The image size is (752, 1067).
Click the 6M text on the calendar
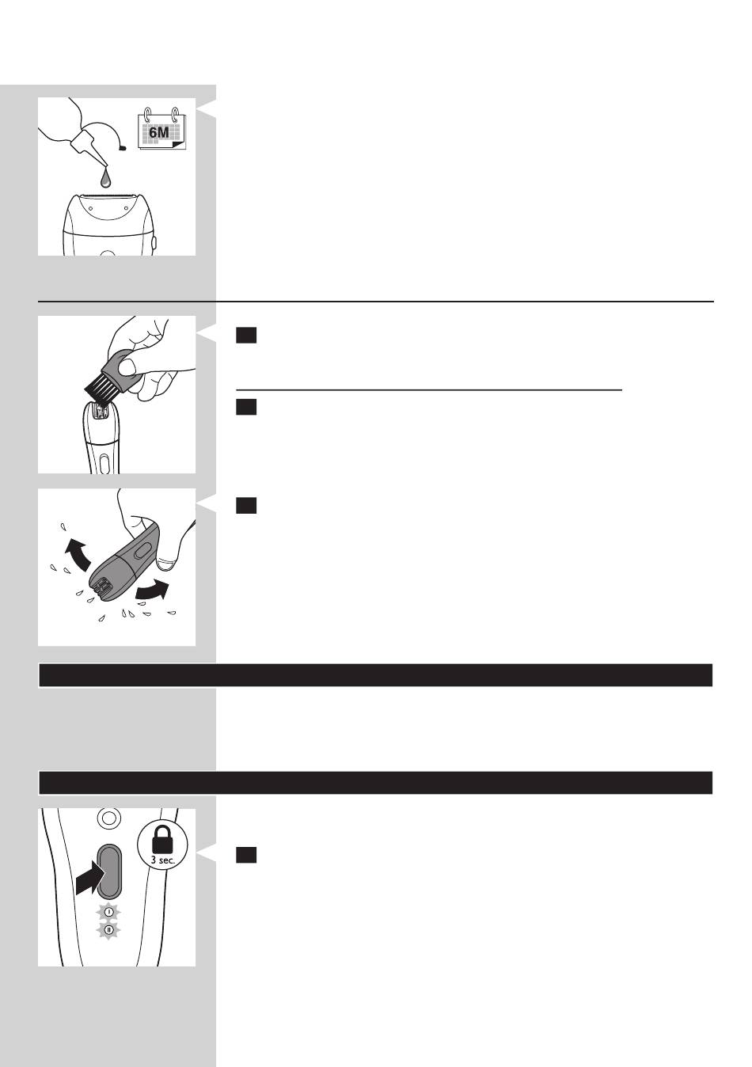click(x=158, y=132)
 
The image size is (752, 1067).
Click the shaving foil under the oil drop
click(x=104, y=195)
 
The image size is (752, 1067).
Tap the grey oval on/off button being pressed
click(x=110, y=871)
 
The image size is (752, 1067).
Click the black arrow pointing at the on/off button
click(x=90, y=879)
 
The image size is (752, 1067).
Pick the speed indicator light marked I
click(x=109, y=912)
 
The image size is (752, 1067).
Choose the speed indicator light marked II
click(x=109, y=930)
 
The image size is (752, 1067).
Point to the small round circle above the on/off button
click(x=108, y=818)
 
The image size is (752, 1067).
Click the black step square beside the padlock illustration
click(x=246, y=855)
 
